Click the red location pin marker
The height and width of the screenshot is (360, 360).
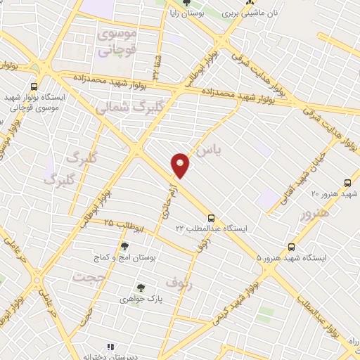[x=181, y=165]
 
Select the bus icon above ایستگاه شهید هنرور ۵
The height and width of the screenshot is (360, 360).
[x=292, y=247]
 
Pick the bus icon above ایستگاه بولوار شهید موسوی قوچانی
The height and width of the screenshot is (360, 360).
[x=34, y=86]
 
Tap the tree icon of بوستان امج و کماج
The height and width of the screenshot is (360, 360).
[x=124, y=246]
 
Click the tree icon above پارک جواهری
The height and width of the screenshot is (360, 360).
[x=141, y=287]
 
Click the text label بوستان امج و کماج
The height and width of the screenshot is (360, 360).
[x=124, y=258]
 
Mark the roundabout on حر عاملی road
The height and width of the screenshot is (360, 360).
[x=35, y=281]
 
